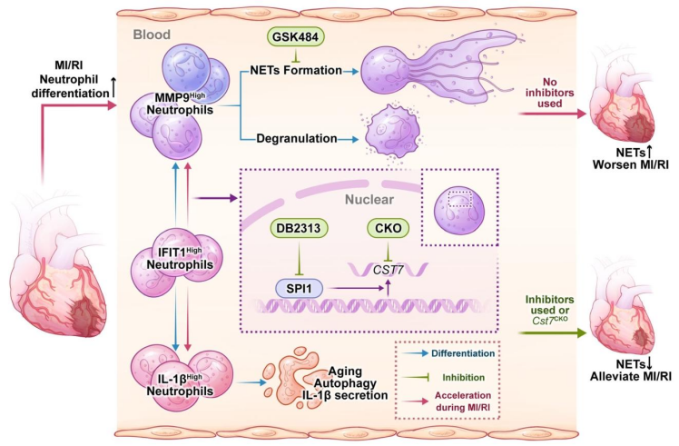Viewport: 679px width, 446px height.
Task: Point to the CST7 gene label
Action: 386,267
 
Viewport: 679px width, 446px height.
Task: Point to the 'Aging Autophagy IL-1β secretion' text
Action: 353,372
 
